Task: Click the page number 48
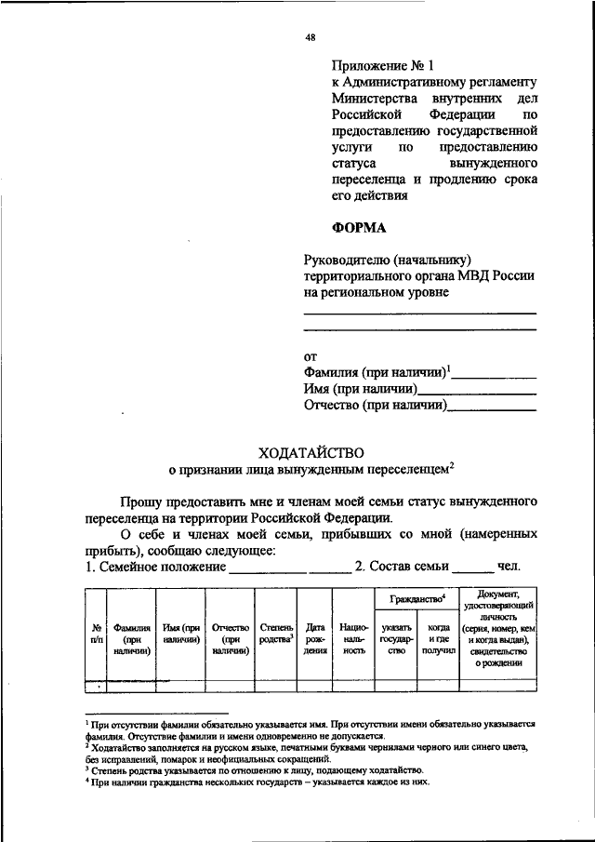click(311, 38)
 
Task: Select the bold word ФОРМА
click(361, 226)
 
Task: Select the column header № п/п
click(94, 634)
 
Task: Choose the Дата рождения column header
click(315, 640)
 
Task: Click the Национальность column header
click(353, 640)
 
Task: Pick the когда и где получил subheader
click(439, 640)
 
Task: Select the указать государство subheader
click(396, 640)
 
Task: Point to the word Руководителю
click(346, 260)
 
